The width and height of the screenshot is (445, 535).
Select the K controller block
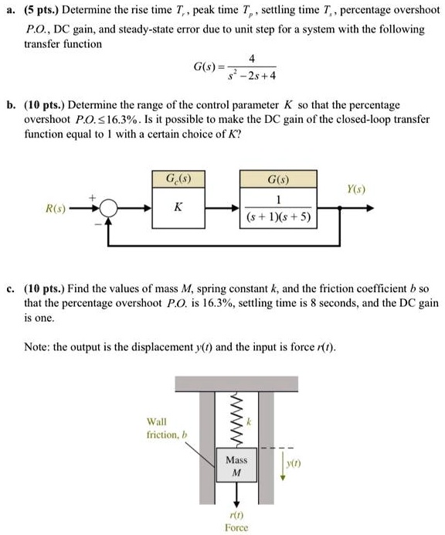pos(178,208)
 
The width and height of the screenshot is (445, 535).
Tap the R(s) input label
pos(54,209)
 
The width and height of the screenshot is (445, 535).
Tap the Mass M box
pos(236,465)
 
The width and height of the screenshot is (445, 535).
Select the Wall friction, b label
pos(163,428)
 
